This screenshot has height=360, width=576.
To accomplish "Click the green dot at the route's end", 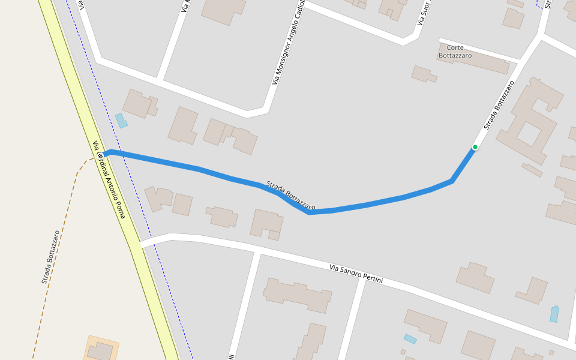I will pos(475,147).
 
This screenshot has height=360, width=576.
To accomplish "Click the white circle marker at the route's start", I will pos(101,156).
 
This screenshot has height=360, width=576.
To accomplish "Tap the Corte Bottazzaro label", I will pos(455,52).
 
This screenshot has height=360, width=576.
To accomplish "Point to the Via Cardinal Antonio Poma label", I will pos(109,179).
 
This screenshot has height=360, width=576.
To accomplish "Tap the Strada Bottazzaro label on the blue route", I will pos(291,195).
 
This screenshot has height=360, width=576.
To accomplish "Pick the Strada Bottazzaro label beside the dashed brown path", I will pos(51,257).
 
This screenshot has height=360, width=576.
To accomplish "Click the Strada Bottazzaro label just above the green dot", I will pos(499,105).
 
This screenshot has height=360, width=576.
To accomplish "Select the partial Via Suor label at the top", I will pos(424,12).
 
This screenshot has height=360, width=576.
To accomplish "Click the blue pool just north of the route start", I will pos(121,121).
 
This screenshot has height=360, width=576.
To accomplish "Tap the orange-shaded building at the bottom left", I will pos(100,350).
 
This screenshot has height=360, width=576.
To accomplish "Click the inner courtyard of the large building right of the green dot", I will pos(529,134).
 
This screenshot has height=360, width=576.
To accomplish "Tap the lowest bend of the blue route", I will pos(309,212).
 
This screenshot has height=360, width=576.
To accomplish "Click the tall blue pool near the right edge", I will pos(554,314).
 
